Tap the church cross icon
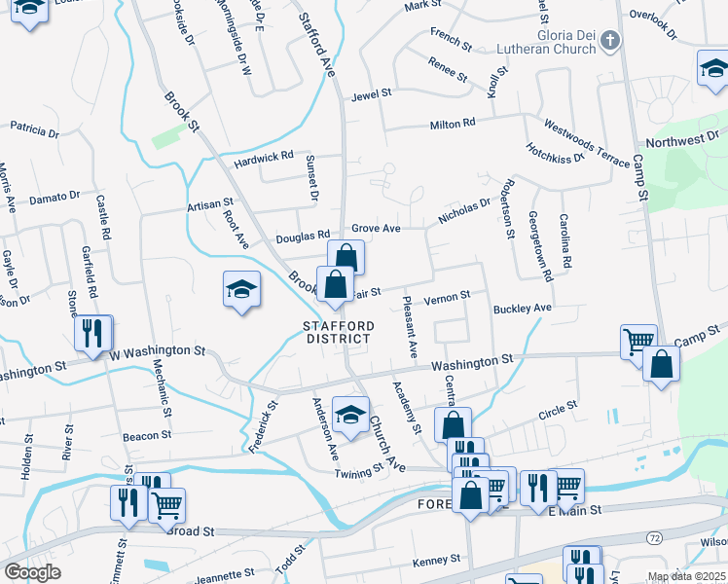pos(609,40)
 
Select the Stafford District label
pos(337,331)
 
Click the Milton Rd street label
pos(453,124)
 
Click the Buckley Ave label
pos(522,309)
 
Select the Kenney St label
pos(435,560)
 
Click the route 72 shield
pos(653,536)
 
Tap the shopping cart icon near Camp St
pos(637,341)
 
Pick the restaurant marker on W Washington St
pos(92,333)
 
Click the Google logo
pos(32,572)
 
